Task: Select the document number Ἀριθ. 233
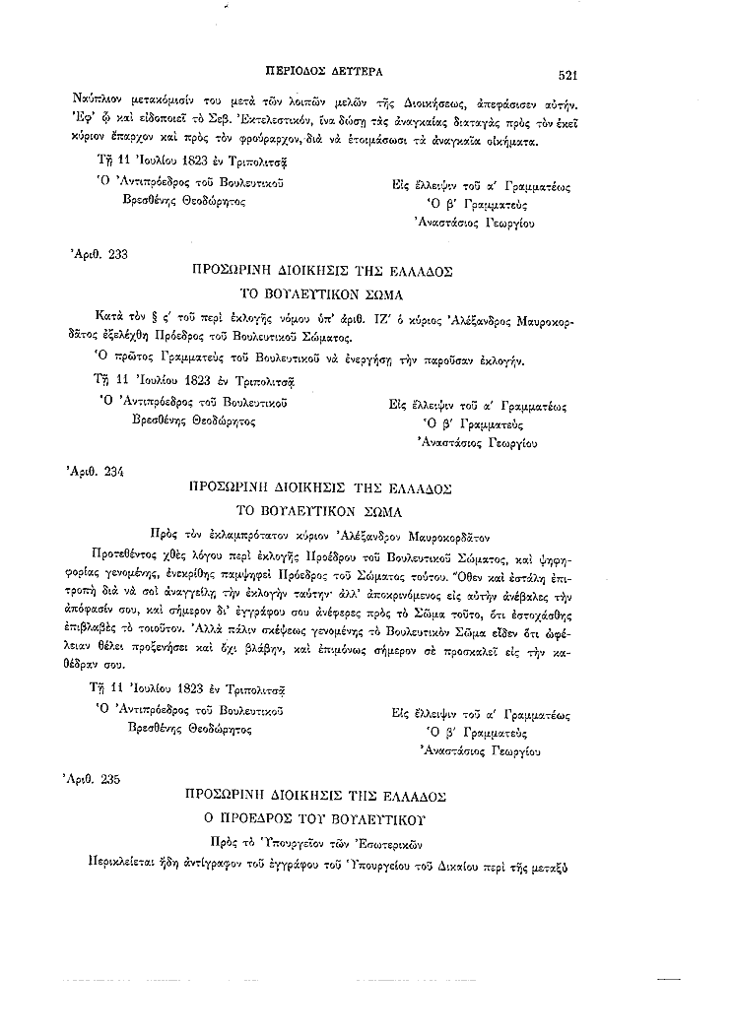pyautogui.click(x=99, y=253)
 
